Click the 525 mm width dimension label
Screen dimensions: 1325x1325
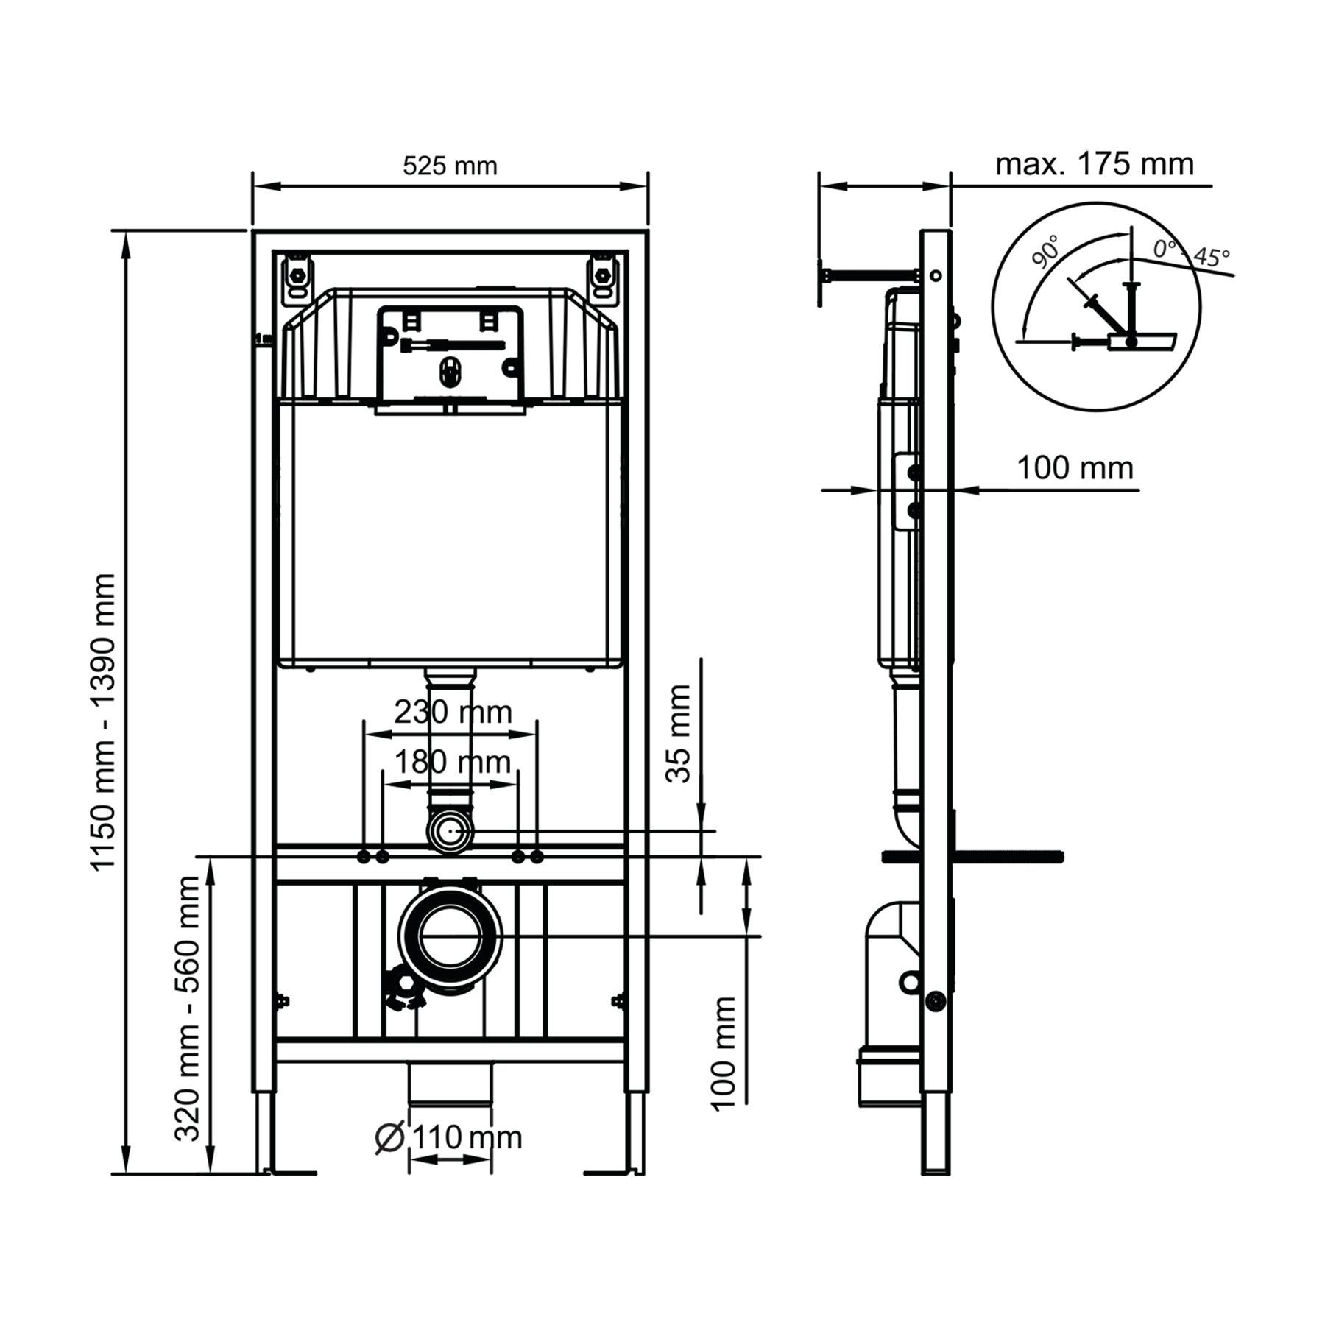pyautogui.click(x=450, y=166)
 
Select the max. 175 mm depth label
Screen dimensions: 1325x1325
pyautogui.click(x=1094, y=163)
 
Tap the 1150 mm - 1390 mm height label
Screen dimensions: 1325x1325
pyautogui.click(x=102, y=722)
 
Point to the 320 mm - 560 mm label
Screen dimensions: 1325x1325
pyautogui.click(x=188, y=1008)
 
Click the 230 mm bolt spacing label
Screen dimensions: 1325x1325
pyautogui.click(x=452, y=712)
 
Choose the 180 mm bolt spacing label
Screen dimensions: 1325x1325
pyautogui.click(x=452, y=762)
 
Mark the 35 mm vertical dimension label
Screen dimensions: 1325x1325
pyautogui.click(x=678, y=733)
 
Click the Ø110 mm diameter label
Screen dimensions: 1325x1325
pyautogui.click(x=448, y=1138)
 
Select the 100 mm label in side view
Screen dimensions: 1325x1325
pyautogui.click(x=1075, y=468)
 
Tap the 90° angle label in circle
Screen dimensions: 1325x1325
pyautogui.click(x=1045, y=252)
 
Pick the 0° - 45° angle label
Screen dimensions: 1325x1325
pyautogui.click(x=1190, y=253)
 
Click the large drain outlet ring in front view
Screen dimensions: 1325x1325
pyautogui.click(x=451, y=936)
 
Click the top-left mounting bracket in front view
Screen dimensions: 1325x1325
pyautogui.click(x=298, y=278)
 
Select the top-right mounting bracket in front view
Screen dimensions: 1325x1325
pyautogui.click(x=602, y=278)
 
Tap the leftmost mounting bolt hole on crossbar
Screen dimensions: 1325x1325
pyautogui.click(x=364, y=857)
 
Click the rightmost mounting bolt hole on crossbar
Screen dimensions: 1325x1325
pyautogui.click(x=537, y=857)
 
